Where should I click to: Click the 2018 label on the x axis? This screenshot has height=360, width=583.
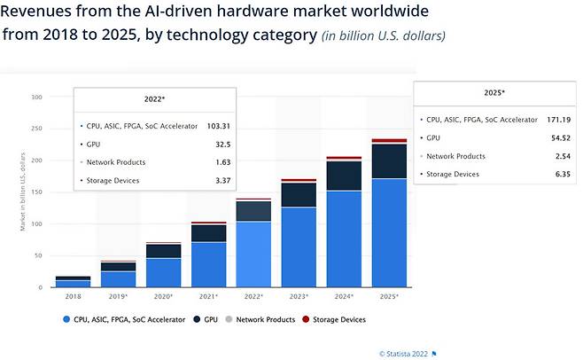(x=73, y=295)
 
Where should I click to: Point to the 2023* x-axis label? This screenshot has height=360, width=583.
(x=299, y=295)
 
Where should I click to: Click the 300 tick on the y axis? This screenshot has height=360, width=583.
(x=36, y=97)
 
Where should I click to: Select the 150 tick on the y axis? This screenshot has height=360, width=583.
(x=36, y=192)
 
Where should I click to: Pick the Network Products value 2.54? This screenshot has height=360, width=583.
(x=563, y=155)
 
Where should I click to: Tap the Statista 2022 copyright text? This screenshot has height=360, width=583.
(x=404, y=353)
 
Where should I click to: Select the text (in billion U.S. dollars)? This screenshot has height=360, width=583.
(x=383, y=35)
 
